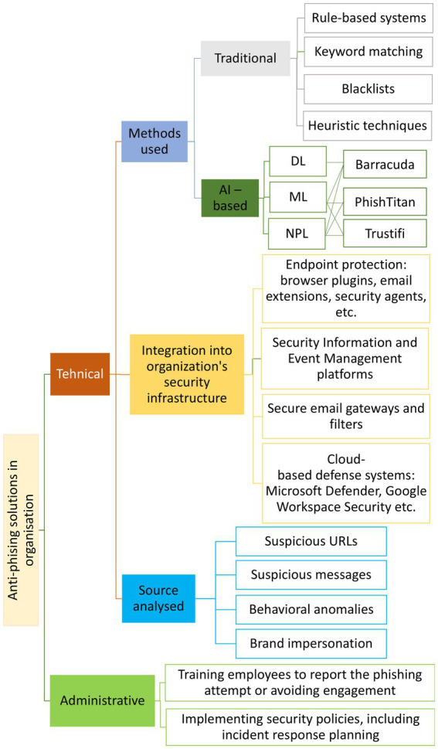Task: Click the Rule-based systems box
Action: pyautogui.click(x=368, y=17)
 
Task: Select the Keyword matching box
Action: pyautogui.click(x=368, y=53)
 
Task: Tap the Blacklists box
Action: pyautogui.click(x=368, y=88)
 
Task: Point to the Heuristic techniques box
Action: pyautogui.click(x=368, y=124)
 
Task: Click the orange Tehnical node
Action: pyautogui.click(x=80, y=374)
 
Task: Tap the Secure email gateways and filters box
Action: pyautogui.click(x=345, y=416)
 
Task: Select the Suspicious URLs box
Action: pyautogui.click(x=311, y=541)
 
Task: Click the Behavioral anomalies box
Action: pyautogui.click(x=311, y=609)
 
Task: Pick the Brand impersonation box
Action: pyautogui.click(x=311, y=642)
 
